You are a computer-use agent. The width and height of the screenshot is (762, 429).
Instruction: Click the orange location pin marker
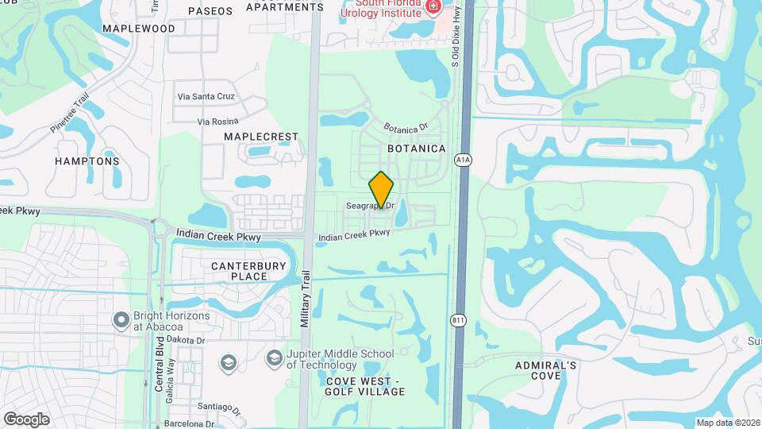(382, 190)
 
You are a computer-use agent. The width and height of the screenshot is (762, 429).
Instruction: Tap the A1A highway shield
(464, 160)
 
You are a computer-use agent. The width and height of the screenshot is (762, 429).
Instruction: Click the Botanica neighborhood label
(417, 149)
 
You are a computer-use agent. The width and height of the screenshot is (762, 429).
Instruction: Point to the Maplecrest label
(260, 137)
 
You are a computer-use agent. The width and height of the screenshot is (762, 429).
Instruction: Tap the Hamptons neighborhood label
(87, 161)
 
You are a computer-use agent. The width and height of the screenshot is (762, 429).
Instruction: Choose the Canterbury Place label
(238, 270)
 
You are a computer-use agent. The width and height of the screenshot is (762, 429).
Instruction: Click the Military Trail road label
(305, 298)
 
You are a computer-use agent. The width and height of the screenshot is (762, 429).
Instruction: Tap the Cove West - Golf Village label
(365, 386)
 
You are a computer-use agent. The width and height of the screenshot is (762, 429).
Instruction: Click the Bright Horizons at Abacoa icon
(121, 319)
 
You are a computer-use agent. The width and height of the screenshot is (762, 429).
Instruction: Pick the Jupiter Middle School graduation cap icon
(275, 359)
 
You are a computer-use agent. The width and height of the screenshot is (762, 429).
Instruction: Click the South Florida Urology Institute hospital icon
(433, 7)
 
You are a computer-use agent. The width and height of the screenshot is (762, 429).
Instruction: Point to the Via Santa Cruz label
(206, 96)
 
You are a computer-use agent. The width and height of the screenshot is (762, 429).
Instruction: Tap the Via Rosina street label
(218, 122)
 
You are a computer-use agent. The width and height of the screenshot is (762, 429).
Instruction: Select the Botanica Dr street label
(406, 126)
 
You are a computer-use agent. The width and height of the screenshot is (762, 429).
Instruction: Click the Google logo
(26, 419)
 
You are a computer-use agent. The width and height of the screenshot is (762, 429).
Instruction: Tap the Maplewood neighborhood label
(139, 29)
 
